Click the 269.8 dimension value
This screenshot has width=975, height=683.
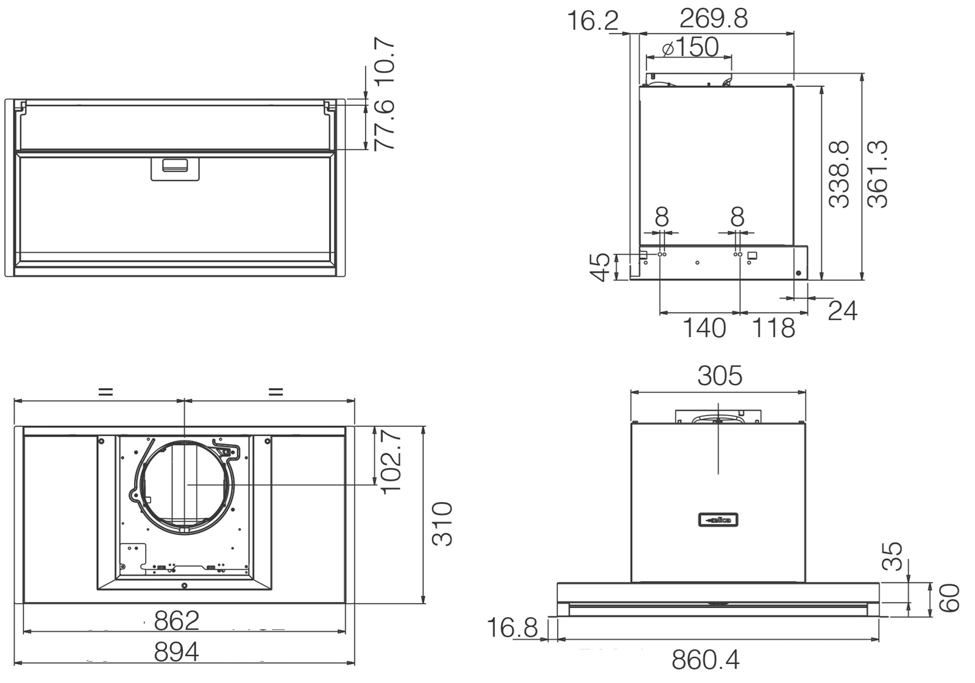(714, 19)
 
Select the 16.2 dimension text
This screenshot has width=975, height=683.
(593, 21)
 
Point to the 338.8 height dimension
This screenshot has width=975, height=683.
(838, 174)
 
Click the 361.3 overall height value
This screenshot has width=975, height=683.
(877, 174)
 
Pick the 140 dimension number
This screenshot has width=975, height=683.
(704, 328)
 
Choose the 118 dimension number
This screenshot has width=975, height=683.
(773, 328)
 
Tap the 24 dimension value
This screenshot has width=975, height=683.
(842, 311)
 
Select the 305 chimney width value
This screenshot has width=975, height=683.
(720, 376)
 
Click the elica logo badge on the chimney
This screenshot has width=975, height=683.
(718, 520)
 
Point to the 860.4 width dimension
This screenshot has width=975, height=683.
(706, 659)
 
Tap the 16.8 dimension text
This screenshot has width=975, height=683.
(512, 628)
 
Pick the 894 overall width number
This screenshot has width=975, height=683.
(177, 652)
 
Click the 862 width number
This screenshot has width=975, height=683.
(177, 620)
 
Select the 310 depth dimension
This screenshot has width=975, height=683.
(442, 524)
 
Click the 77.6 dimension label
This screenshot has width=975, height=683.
(385, 125)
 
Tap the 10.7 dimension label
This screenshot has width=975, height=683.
(385, 62)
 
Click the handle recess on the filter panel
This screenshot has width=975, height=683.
(175, 169)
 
